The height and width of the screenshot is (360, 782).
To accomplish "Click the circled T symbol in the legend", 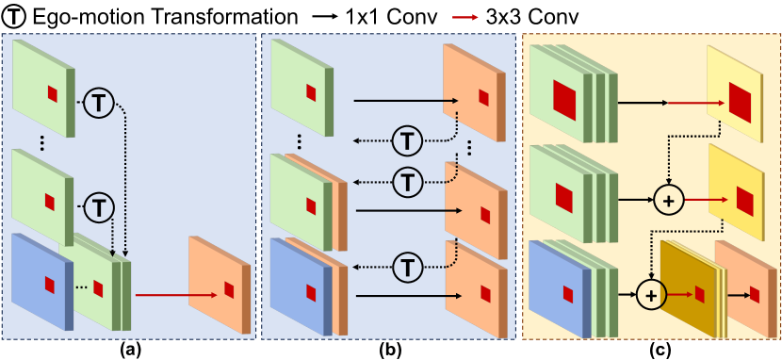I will coord(16,17).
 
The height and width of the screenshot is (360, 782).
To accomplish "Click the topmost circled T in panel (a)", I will coord(99,102).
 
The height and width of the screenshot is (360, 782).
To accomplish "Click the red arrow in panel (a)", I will coord(161,295).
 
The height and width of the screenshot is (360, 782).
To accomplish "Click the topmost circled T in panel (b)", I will coord(407,141).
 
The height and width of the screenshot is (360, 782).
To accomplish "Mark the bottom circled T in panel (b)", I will coord(407,261).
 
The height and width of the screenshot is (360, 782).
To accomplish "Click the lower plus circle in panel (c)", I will coord(649,295).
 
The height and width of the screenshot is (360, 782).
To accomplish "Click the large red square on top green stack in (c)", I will coord(562,96).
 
